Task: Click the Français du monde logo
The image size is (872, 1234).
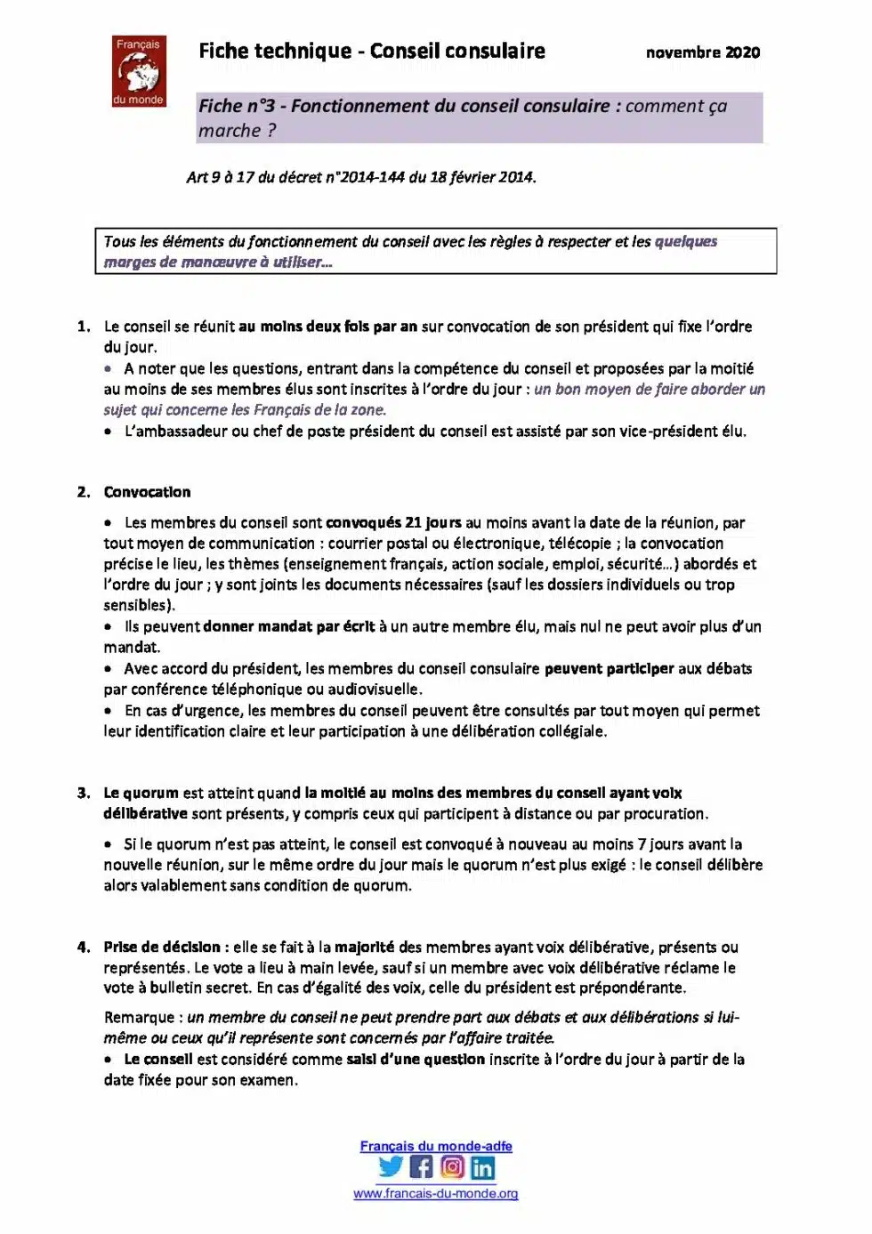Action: [139, 71]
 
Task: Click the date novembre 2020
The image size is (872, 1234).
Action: [702, 52]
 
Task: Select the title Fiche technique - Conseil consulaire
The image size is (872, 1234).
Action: [371, 52]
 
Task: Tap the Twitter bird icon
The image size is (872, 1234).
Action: [391, 1166]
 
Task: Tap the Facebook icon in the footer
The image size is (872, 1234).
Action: [422, 1166]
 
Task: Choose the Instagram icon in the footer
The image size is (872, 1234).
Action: [452, 1166]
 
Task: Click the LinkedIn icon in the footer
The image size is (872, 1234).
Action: [482, 1167]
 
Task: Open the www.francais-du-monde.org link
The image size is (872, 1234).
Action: [435, 1193]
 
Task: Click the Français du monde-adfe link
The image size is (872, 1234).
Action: [435, 1146]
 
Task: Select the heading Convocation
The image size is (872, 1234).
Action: [147, 492]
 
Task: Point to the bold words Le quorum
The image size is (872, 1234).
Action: [141, 793]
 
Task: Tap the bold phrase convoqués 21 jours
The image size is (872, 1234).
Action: [393, 522]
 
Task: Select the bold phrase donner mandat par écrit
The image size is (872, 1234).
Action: [288, 626]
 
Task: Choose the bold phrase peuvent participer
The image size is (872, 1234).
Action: [609, 668]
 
